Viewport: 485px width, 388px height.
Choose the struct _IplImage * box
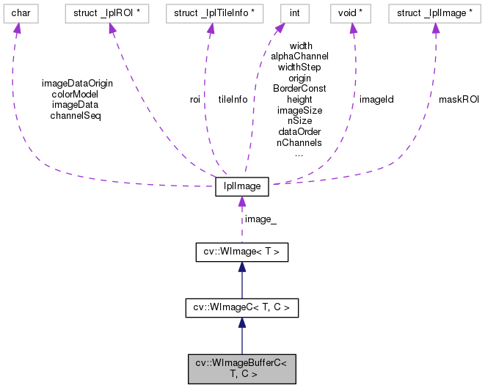(x=435, y=13)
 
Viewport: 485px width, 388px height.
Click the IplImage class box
(x=241, y=187)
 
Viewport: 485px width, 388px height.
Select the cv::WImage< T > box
(x=241, y=252)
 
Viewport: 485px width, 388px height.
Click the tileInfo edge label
(x=233, y=98)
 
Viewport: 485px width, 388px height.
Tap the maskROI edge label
(x=459, y=98)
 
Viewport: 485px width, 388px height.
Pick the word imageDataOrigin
(x=77, y=83)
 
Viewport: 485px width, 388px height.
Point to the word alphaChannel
(x=299, y=56)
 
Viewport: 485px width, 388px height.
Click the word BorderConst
(x=299, y=88)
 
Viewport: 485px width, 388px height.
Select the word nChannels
(x=299, y=143)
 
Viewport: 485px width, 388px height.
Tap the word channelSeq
(x=75, y=115)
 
